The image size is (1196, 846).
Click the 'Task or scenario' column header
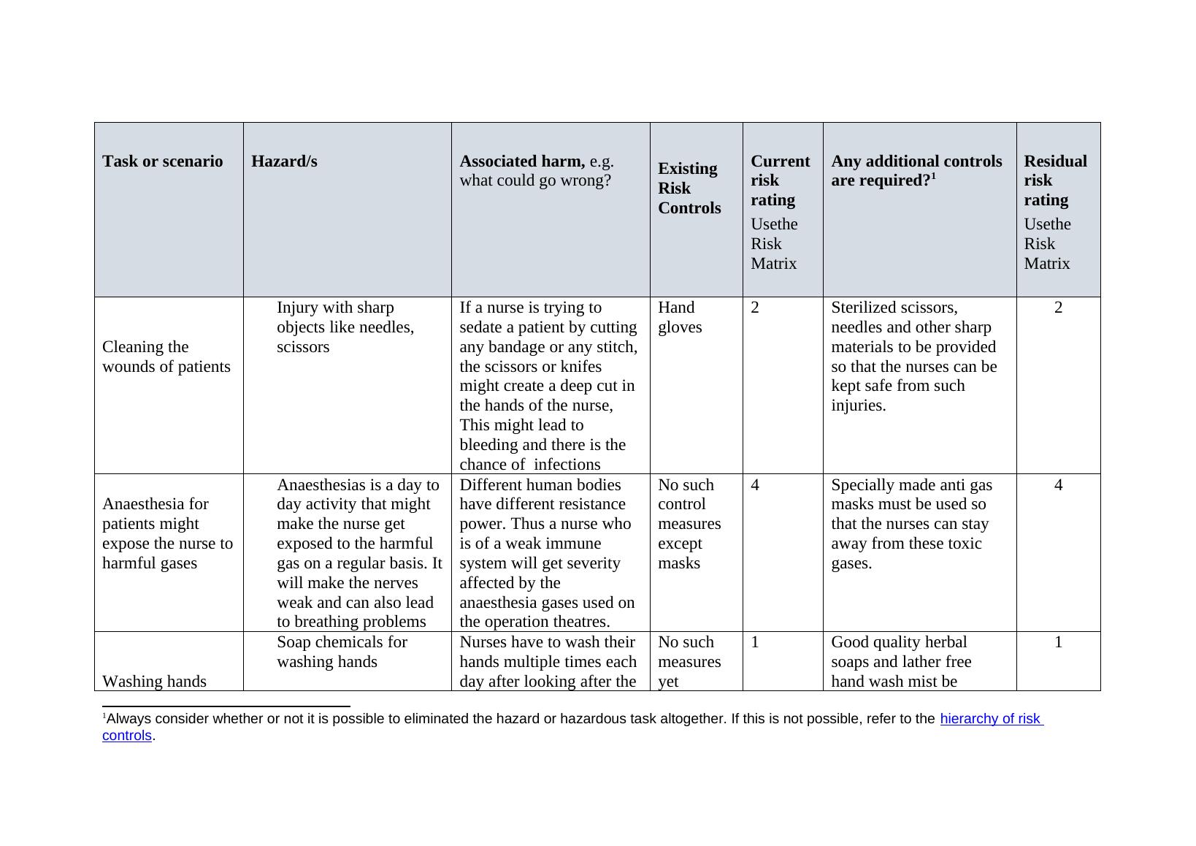162,161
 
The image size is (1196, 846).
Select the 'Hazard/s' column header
284,161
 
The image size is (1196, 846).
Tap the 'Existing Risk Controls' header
689,188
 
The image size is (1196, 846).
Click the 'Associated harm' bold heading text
521,161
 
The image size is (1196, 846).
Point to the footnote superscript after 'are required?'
934,175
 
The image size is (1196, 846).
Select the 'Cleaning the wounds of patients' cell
166,357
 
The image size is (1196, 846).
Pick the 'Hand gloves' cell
679,317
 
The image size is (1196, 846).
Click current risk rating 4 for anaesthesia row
755,485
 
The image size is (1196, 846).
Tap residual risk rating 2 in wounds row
1058,308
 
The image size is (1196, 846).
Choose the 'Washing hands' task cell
154,681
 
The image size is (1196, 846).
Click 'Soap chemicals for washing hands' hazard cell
342,652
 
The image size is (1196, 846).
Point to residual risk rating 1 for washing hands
1058,642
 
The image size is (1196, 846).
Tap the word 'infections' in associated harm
567,465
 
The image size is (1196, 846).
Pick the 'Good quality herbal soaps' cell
901,661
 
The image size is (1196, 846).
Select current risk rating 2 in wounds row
755,308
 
